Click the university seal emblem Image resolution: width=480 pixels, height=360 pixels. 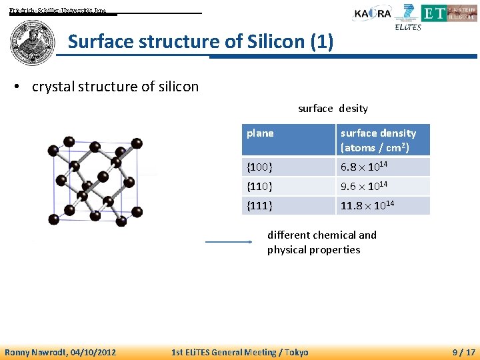coord(33,41)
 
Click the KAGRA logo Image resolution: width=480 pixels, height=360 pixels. coord(373,13)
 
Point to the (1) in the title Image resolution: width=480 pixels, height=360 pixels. coord(321,43)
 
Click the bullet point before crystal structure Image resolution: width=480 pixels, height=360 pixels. coord(22,87)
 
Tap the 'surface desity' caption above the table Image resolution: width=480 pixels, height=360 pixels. coord(333,108)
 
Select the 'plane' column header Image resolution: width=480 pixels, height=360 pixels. coord(260,133)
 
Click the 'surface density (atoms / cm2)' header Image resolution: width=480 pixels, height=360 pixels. coord(378,140)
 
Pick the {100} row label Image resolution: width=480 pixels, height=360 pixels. coord(259,167)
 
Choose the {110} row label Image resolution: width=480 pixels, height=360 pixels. coord(259,187)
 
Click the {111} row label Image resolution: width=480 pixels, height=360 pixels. coord(259,206)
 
